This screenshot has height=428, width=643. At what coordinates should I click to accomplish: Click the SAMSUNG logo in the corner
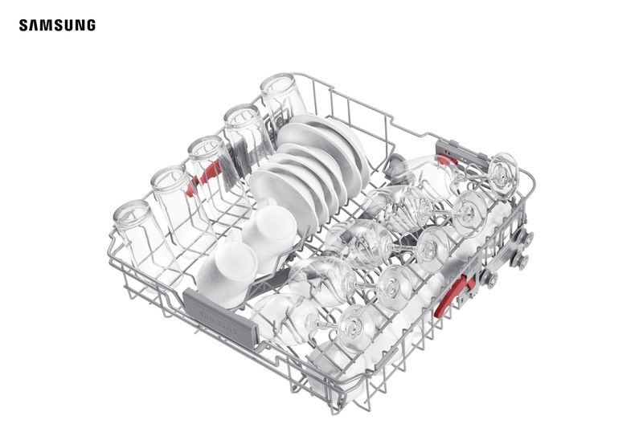click(x=57, y=25)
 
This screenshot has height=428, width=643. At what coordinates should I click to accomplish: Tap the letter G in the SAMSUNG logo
click(x=90, y=25)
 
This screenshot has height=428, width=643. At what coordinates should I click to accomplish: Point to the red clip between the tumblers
click(x=204, y=177)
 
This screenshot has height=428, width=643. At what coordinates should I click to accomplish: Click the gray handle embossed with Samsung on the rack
click(x=219, y=317)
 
